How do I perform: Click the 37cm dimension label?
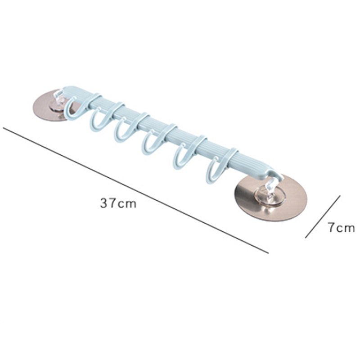pos(118,203)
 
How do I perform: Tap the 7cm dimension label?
pos(341,228)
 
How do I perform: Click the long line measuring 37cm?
pos(136,190)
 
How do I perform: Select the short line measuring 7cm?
pos(323,217)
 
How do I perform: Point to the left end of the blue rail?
pos(64,90)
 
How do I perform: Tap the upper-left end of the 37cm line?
pos(3,128)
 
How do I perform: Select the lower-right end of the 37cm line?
pos(268,253)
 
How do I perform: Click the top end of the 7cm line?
pos(340,196)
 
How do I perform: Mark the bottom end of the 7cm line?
pos(306,238)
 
